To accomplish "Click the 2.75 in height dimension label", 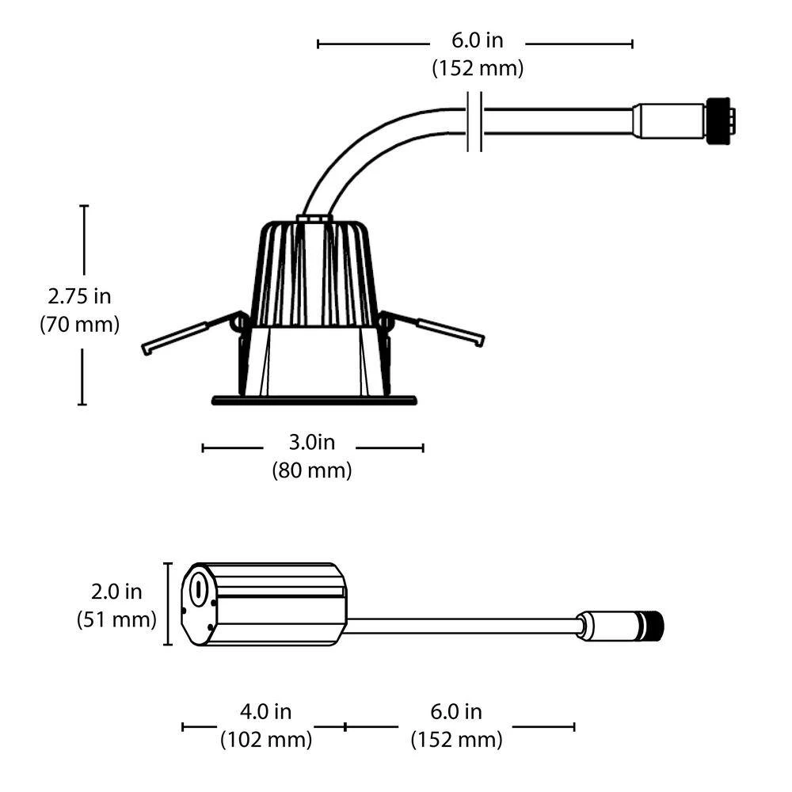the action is (x=79, y=296).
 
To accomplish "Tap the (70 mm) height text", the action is (x=79, y=324).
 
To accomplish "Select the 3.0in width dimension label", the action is (x=311, y=442).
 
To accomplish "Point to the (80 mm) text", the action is (x=311, y=470).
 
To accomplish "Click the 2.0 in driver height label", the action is (x=116, y=592).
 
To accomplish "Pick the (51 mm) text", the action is (x=116, y=619).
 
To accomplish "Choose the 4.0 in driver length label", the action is (x=265, y=712).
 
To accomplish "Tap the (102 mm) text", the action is (x=266, y=740).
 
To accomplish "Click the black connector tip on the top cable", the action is (x=719, y=122).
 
